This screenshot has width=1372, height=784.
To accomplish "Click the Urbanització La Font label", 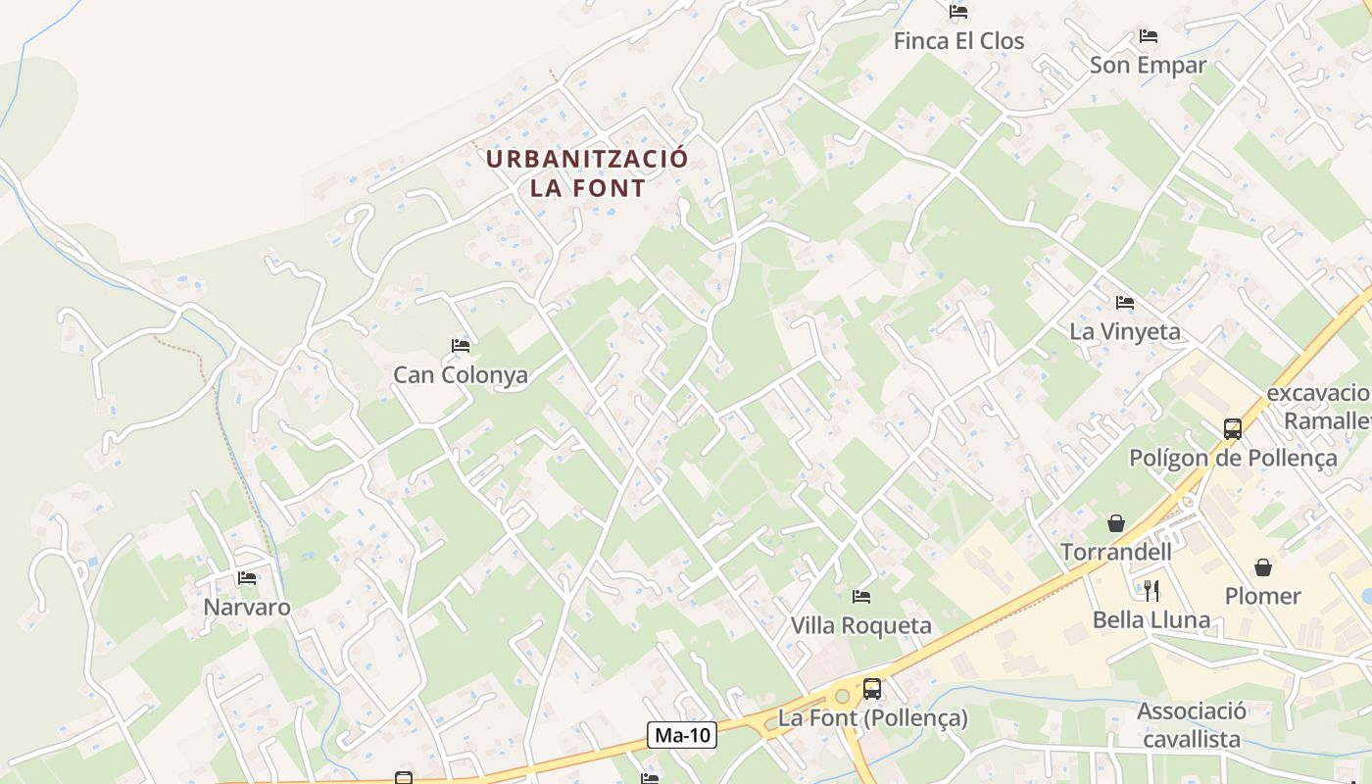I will (x=588, y=172).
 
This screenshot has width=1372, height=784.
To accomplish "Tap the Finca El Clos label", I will (x=958, y=41).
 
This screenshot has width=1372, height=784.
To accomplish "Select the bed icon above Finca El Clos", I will (x=958, y=12).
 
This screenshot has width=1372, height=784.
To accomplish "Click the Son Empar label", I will (x=1148, y=65).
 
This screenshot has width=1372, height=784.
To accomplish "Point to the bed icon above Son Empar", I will (x=1149, y=36).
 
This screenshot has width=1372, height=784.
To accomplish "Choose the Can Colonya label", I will (x=461, y=374).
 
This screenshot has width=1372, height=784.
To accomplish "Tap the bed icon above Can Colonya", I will (x=461, y=345).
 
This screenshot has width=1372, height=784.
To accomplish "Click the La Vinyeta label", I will (x=1125, y=331).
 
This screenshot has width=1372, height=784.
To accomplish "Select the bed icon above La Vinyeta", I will (x=1125, y=303).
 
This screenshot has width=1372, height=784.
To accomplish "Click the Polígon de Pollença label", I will (x=1233, y=458).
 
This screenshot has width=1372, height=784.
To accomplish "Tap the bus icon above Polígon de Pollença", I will (x=1233, y=428).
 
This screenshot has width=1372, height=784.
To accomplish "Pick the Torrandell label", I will (x=1116, y=552).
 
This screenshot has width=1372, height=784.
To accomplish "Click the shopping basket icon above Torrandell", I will (x=1116, y=522).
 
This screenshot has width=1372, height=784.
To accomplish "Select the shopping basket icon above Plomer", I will (x=1263, y=566).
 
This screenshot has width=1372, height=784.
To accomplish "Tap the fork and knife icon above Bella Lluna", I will (x=1151, y=590).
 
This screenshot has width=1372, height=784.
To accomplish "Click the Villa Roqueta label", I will (x=861, y=625).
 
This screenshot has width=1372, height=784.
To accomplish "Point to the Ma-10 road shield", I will (x=683, y=734).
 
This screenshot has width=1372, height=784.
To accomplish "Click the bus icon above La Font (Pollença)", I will (x=872, y=689).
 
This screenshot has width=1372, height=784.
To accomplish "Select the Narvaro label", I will (x=247, y=607).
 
